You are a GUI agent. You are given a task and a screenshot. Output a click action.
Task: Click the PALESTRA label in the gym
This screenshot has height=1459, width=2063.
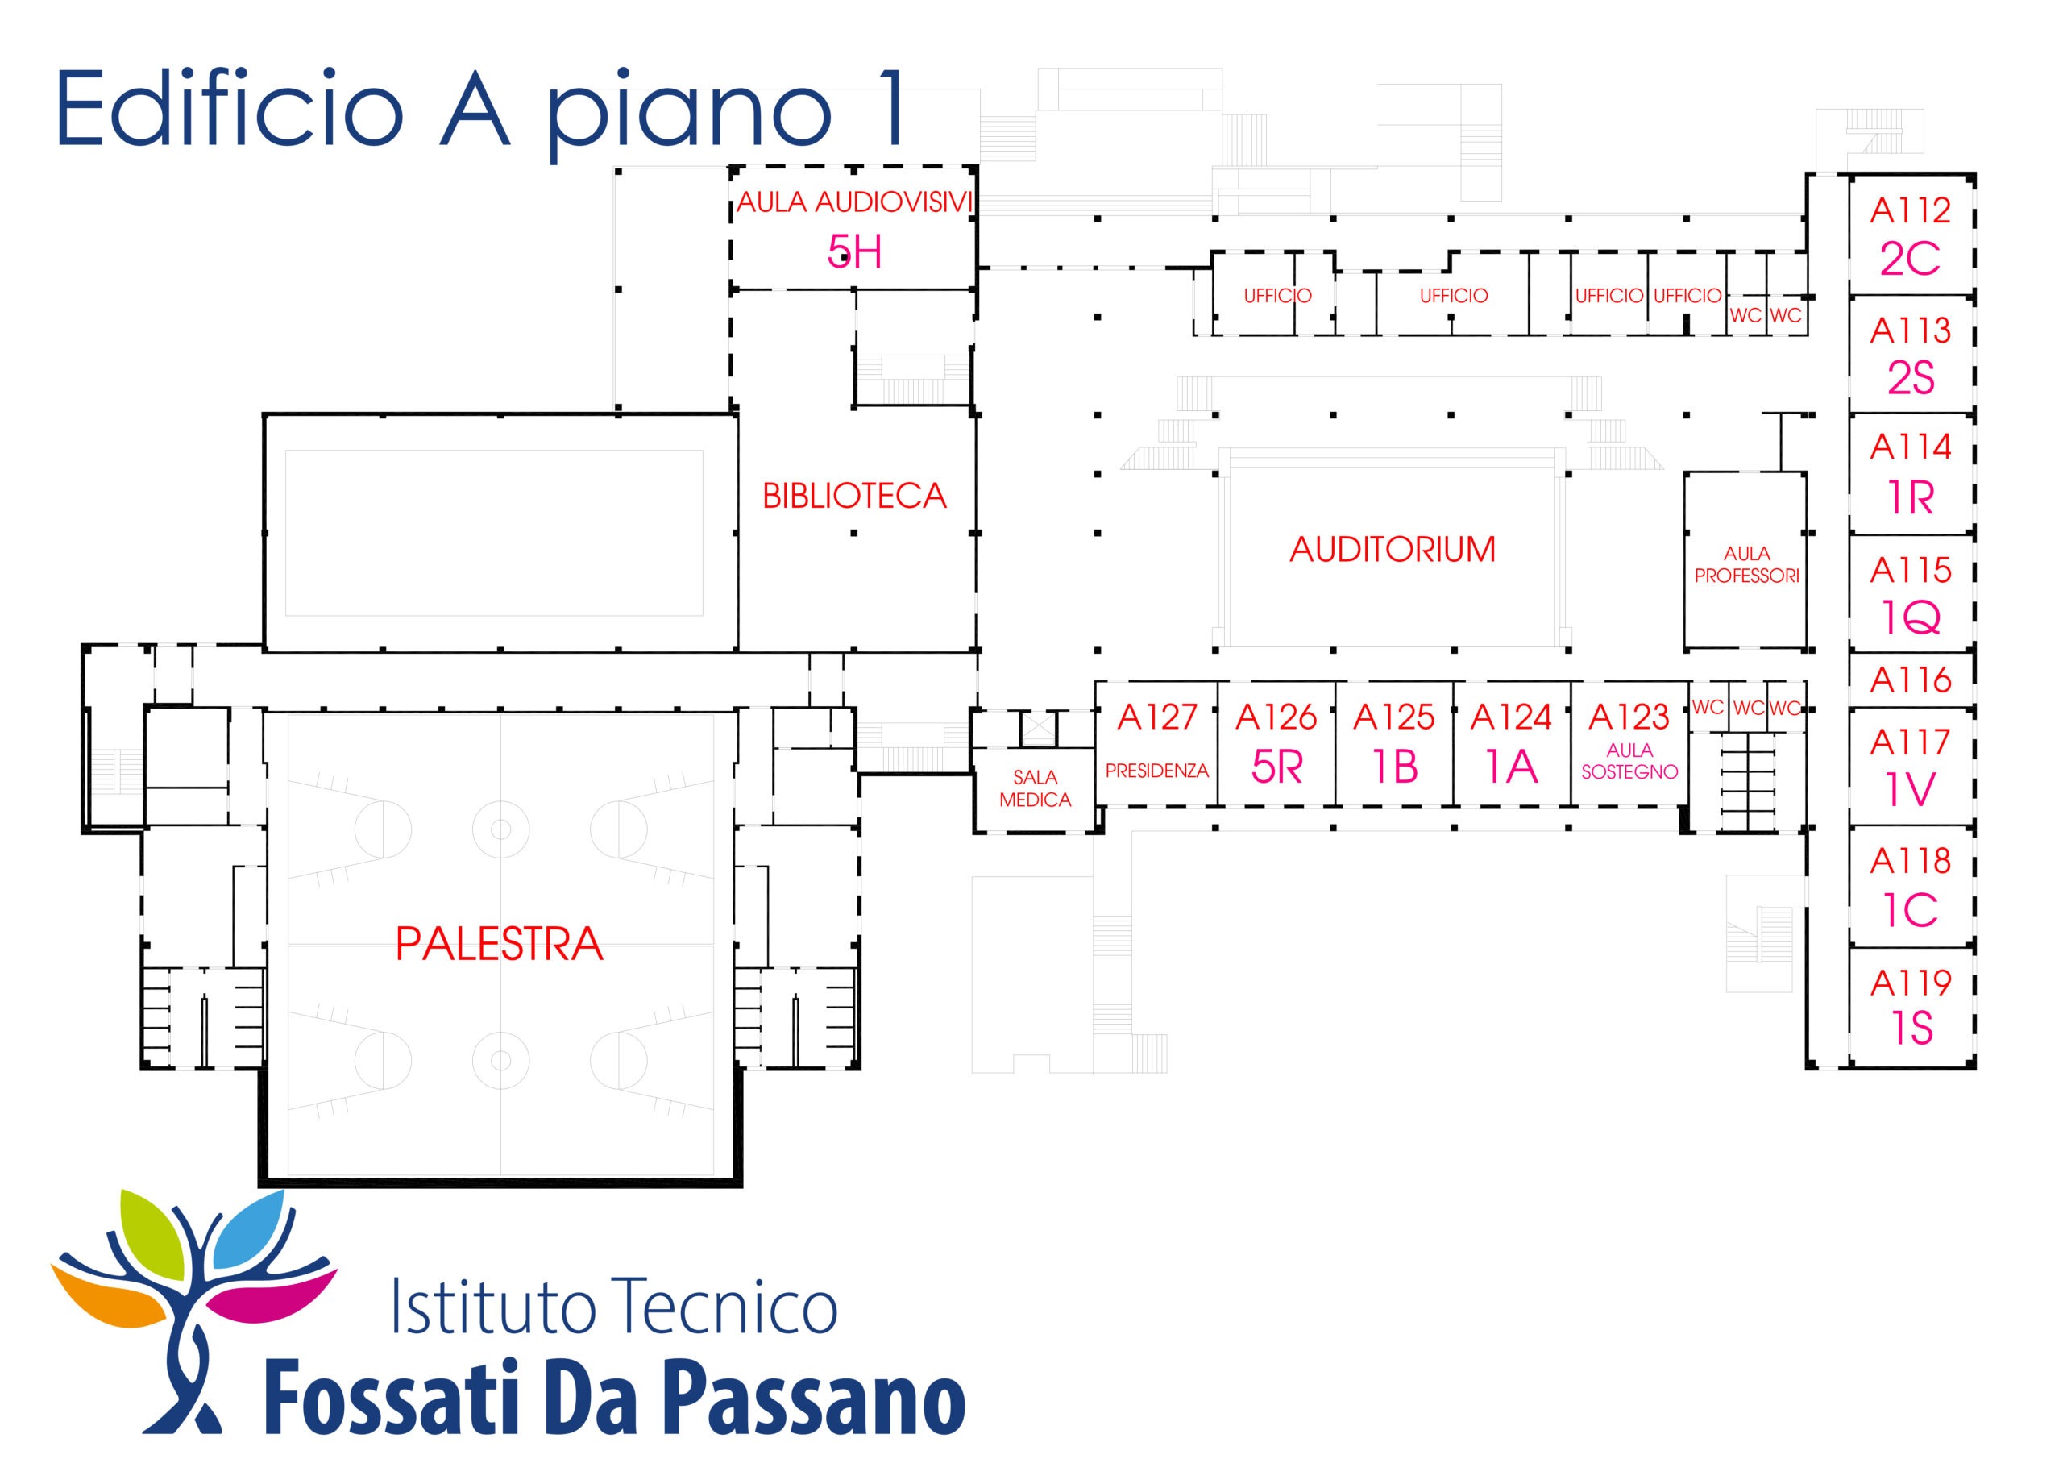[x=499, y=944]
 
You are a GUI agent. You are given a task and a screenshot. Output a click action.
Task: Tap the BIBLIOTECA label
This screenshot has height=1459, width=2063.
[x=854, y=497]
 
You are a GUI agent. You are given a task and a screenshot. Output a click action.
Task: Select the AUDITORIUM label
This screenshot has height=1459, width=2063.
[x=1393, y=549]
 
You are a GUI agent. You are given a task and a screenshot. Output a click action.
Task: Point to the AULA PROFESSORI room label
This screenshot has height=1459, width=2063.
[x=1747, y=564]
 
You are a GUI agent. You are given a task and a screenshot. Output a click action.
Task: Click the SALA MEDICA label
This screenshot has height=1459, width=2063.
[x=1035, y=788]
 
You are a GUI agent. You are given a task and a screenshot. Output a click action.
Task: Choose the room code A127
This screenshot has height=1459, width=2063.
[x=1157, y=717]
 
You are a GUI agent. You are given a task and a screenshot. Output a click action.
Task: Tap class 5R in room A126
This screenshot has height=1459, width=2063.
[x=1276, y=767]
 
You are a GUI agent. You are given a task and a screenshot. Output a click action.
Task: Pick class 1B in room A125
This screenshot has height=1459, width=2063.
[x=1394, y=767]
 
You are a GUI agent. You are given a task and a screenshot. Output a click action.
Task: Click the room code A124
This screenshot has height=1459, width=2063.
[x=1511, y=717]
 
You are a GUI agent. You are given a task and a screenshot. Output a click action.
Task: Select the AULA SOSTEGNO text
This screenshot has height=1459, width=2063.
[x=1630, y=760]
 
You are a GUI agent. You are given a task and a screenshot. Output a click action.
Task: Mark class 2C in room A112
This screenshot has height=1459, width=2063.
[x=1910, y=260]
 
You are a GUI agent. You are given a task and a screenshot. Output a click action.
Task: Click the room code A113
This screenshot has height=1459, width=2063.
[x=1910, y=330]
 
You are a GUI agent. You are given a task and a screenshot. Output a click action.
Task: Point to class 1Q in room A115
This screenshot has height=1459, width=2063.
[x=1910, y=617]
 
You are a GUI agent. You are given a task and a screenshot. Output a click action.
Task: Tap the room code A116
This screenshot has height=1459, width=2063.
[x=1910, y=680]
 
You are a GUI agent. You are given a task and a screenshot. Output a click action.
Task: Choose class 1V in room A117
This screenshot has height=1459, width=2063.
[x=1910, y=790]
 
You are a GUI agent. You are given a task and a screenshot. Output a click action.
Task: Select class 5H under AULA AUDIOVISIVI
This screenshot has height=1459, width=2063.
[x=854, y=252]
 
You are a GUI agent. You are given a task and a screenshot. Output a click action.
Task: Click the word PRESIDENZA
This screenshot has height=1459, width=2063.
[x=1157, y=771]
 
